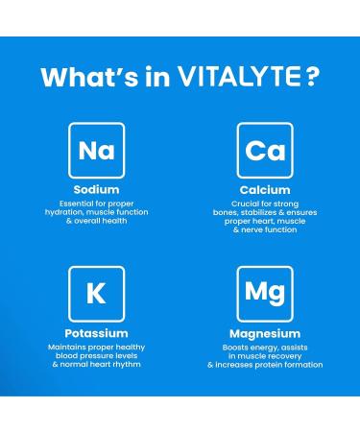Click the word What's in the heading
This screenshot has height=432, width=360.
[82, 77]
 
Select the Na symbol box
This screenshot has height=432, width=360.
[96, 150]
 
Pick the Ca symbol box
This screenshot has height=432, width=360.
[265, 150]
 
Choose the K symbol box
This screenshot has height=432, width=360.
[96, 293]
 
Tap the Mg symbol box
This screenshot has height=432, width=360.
[265, 293]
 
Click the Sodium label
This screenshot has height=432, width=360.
[96, 190]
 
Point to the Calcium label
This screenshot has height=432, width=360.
[265, 190]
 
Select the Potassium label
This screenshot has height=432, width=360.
[96, 332]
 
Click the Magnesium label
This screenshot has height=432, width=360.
[265, 332]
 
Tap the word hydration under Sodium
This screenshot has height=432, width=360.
[76, 213]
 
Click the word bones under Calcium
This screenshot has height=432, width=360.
[228, 213]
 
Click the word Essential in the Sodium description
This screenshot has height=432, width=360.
[72, 204]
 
